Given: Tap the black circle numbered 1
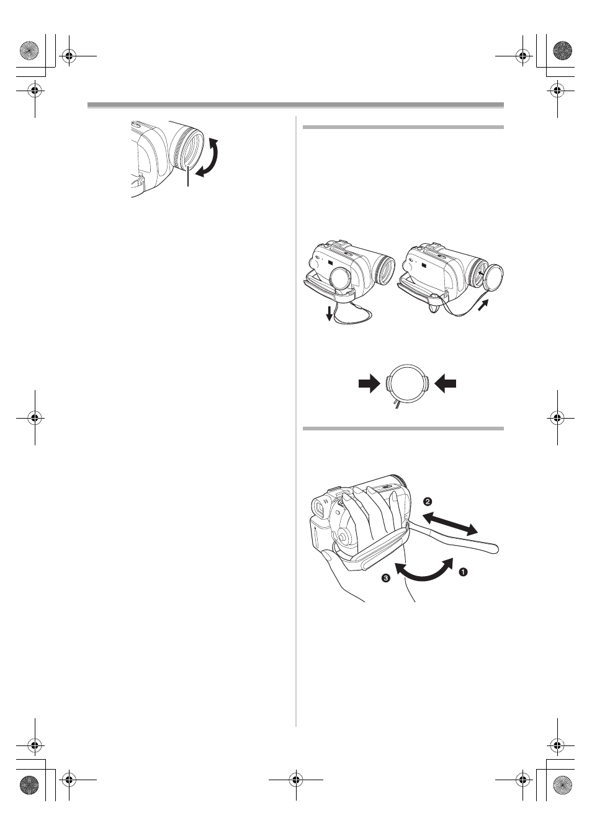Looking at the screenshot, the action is pos(463,571).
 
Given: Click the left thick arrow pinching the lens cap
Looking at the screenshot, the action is pos(369,384).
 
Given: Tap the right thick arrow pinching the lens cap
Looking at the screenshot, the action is pos(445,384).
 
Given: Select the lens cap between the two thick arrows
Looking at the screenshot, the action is pos(407,384).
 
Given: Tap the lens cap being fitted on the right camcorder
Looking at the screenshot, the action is pos(493,276).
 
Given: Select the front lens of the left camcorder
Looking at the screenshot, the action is pos(385,270).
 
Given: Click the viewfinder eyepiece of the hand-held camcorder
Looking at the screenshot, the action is pos(320,508).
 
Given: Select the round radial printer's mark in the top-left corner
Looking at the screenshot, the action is pos(29,49).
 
